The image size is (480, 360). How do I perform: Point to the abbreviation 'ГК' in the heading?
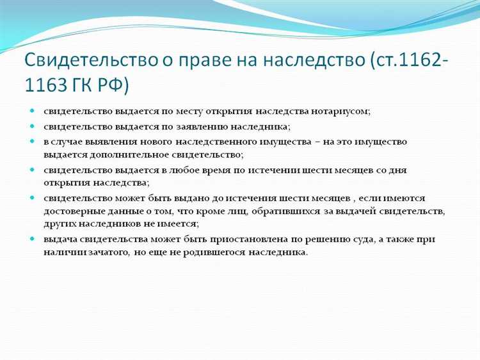coord(86,85)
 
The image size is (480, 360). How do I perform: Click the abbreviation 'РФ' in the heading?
coord(118,85)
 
